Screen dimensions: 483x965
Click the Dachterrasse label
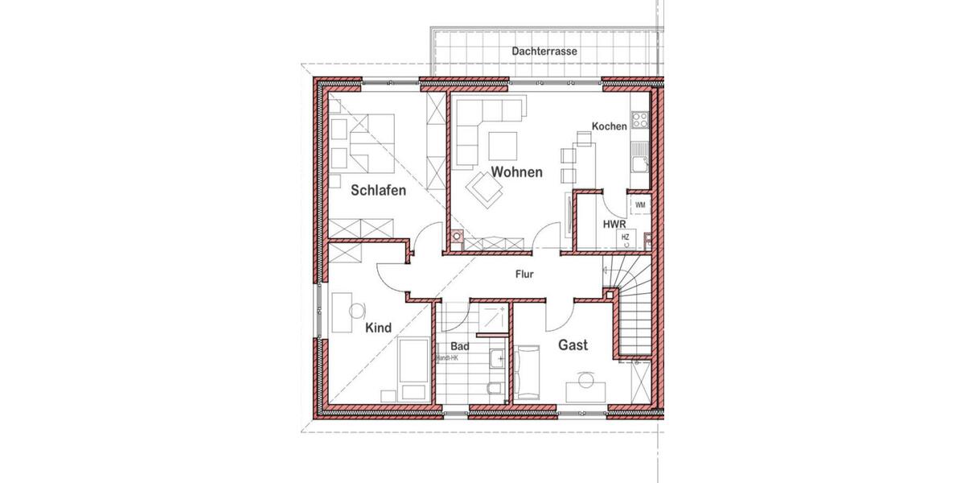(544, 52)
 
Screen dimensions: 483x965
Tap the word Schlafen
(378, 191)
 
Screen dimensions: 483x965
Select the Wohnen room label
(516, 171)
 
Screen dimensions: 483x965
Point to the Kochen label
(609, 126)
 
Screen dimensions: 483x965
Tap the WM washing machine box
(640, 205)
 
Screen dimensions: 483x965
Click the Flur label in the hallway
(524, 275)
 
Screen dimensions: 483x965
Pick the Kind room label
(378, 328)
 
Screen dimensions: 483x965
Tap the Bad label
(449, 347)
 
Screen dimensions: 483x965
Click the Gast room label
(573, 345)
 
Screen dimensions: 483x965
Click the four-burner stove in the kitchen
(641, 121)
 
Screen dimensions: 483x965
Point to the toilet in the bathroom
(494, 389)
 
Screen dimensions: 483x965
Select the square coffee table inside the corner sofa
(503, 145)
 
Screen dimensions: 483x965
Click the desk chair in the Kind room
(357, 308)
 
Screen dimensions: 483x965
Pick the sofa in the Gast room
(528, 371)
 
